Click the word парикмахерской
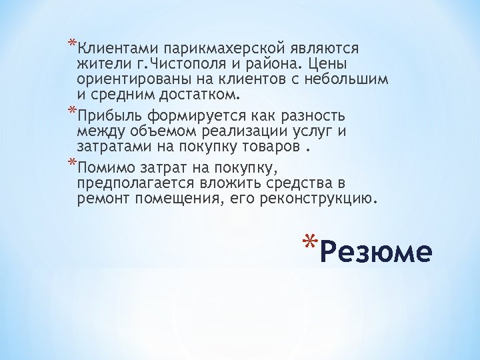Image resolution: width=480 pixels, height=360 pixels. (215, 49)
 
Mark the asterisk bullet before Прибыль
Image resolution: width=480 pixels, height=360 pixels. (72, 109)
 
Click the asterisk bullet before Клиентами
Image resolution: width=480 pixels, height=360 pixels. (72, 45)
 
